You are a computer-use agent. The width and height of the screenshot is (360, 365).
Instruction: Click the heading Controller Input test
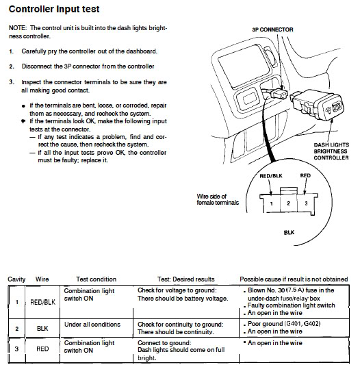click(x=54, y=10)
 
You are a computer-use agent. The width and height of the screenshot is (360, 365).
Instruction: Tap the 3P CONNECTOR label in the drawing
click(x=272, y=29)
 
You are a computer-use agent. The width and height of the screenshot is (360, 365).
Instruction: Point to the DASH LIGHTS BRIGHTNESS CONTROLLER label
click(x=331, y=151)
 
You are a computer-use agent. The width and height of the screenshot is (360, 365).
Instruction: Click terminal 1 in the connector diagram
click(x=271, y=203)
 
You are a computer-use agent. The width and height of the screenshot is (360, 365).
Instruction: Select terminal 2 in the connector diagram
click(x=288, y=203)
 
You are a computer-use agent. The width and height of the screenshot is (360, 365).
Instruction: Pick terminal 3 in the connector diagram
click(x=306, y=203)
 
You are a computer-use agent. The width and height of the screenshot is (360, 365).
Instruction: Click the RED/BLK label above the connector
click(x=271, y=176)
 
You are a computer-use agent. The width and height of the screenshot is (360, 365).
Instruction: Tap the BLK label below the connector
click(x=289, y=233)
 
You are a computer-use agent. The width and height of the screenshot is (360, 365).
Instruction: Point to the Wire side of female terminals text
click(x=218, y=199)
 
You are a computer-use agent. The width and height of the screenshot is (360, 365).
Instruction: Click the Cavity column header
click(x=16, y=279)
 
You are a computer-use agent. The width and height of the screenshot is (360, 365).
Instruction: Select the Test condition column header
click(x=96, y=279)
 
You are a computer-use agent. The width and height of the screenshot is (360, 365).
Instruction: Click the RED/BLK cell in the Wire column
click(x=43, y=302)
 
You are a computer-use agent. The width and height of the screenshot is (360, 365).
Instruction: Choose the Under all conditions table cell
click(x=92, y=325)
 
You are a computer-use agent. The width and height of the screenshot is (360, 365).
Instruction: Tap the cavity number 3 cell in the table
click(x=16, y=349)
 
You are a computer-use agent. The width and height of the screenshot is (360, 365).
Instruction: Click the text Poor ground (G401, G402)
click(x=284, y=324)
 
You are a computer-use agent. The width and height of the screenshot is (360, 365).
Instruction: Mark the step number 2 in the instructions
click(x=12, y=66)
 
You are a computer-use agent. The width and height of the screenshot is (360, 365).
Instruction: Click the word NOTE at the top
click(x=18, y=28)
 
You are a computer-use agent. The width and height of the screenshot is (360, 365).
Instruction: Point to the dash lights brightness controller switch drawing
click(x=317, y=106)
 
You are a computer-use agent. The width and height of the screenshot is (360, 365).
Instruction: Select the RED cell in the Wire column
click(x=42, y=349)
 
